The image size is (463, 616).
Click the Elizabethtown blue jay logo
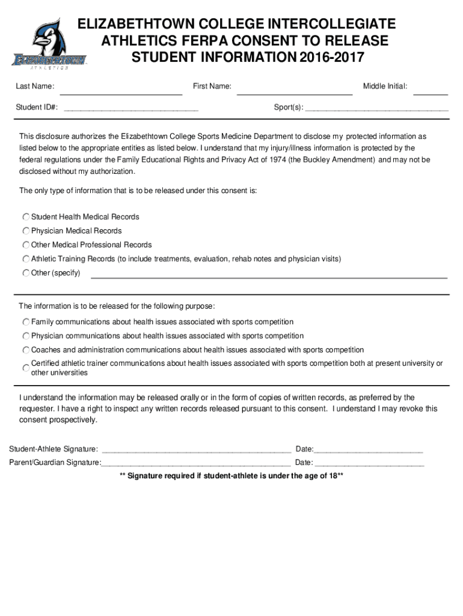49,43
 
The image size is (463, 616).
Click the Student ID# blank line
131,109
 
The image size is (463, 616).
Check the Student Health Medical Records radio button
26,217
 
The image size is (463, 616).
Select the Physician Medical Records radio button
26,231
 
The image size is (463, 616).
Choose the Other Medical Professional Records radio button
26,245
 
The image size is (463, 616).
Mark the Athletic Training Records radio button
26,259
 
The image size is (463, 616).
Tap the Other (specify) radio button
26,273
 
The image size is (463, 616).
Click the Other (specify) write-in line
269,277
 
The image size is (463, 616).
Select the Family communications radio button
26,322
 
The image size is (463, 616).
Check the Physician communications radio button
26,336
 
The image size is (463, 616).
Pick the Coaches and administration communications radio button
26,350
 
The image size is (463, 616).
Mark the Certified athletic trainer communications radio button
26,368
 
